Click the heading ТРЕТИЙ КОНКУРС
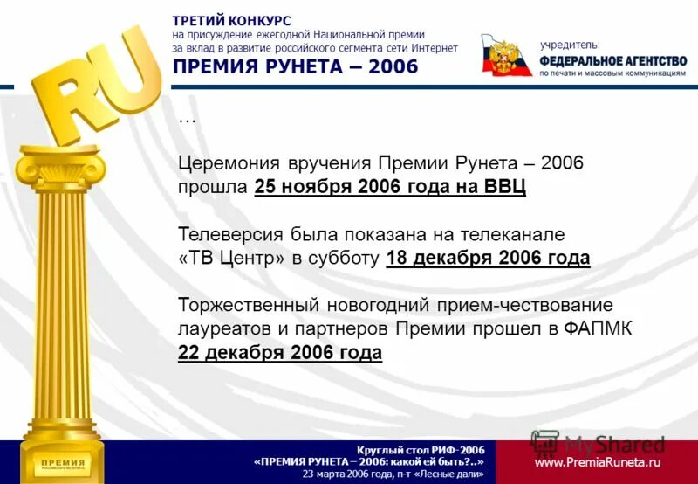[231, 20]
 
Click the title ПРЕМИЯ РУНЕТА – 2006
[295, 67]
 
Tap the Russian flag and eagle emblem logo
[506, 55]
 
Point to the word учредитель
[570, 44]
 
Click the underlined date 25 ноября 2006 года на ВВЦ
[391, 187]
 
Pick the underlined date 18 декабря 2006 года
[488, 258]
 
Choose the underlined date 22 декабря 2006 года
[280, 352]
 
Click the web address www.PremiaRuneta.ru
[598, 462]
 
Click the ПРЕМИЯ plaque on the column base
[59, 462]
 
